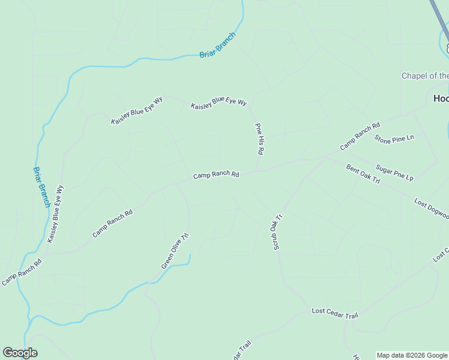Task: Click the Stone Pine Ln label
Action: coord(394,139)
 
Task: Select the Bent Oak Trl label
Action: coord(363,172)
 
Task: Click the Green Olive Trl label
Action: coord(175,250)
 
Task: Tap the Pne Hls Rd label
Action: coord(259,139)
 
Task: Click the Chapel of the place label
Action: coord(425,76)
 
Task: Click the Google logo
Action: coord(20,353)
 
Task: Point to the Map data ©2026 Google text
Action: coord(412,355)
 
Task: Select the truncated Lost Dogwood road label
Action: coord(431,209)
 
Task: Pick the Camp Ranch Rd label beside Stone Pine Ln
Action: coord(360,136)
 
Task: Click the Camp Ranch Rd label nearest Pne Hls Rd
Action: coord(216,175)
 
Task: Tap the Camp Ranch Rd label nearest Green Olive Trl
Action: coord(112,223)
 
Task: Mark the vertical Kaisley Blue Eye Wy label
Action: coord(55,214)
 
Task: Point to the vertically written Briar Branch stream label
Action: coord(41,187)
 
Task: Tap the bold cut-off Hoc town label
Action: coord(441,98)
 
